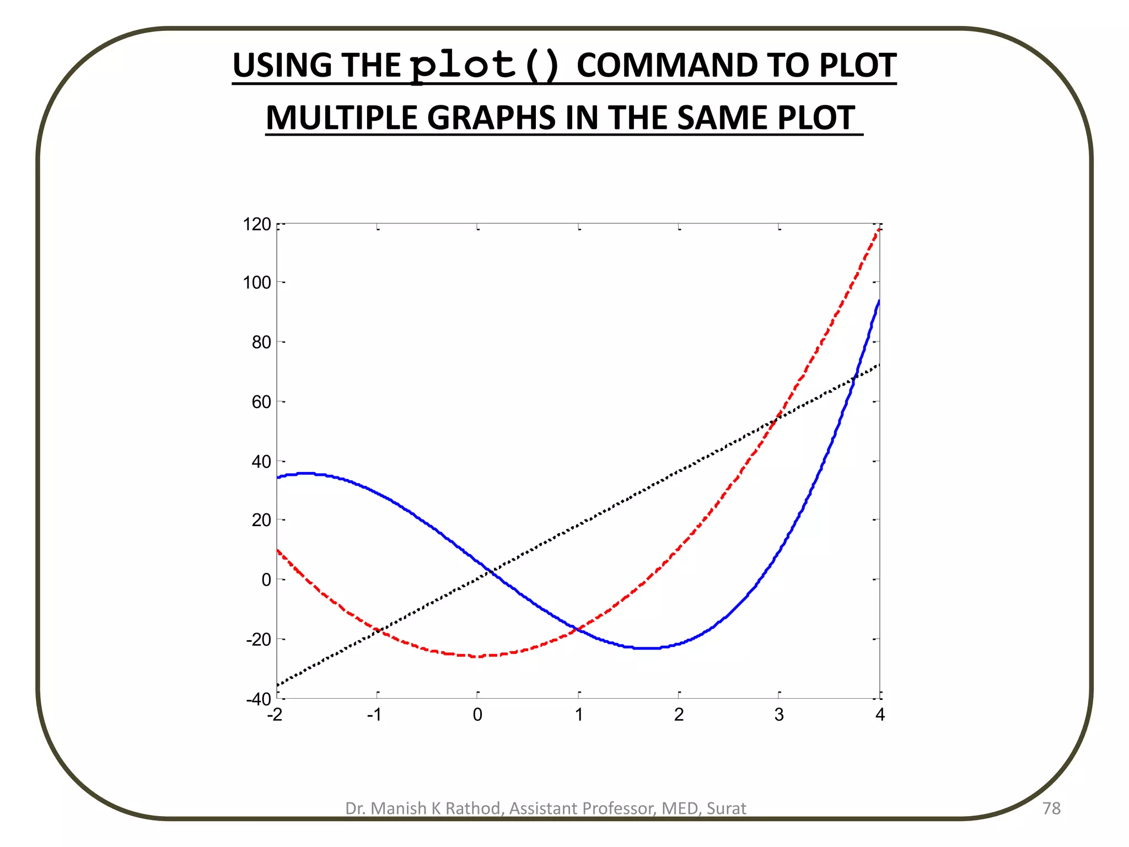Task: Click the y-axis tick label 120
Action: [x=257, y=224]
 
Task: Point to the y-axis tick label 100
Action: [x=257, y=283]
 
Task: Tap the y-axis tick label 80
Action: [x=261, y=342]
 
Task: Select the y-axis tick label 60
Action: [x=261, y=402]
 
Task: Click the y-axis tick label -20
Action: [x=259, y=640]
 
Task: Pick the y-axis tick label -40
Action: [x=259, y=699]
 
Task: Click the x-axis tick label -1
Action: [x=374, y=715]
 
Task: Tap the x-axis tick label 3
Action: [x=779, y=715]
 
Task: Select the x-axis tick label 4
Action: [x=880, y=715]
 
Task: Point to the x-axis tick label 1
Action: [x=579, y=715]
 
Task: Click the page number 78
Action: [x=1052, y=808]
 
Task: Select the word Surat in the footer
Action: [x=726, y=808]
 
